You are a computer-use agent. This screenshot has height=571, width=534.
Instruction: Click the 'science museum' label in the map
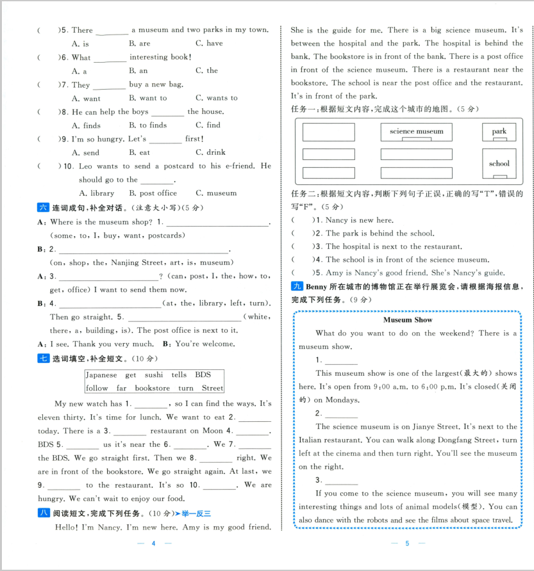pyautogui.click(x=416, y=131)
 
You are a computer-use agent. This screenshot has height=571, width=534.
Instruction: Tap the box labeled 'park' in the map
pyautogui.click(x=499, y=132)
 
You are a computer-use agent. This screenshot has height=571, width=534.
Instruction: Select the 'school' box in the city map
pyautogui.click(x=499, y=164)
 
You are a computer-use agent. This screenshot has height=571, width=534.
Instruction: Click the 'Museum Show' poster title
pyautogui.click(x=408, y=319)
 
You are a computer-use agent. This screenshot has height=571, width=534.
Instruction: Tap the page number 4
pyautogui.click(x=153, y=543)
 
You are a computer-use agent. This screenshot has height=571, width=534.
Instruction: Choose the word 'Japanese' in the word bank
pyautogui.click(x=101, y=375)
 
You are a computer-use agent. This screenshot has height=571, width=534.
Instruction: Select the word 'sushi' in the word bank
pyautogui.click(x=153, y=375)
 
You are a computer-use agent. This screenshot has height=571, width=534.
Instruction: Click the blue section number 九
pyautogui.click(x=296, y=286)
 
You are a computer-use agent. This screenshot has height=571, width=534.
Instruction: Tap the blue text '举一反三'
pyautogui.click(x=196, y=513)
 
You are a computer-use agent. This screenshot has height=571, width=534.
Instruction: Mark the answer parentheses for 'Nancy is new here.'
pyautogui.click(x=303, y=220)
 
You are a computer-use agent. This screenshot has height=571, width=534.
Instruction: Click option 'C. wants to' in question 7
pyautogui.click(x=216, y=99)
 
